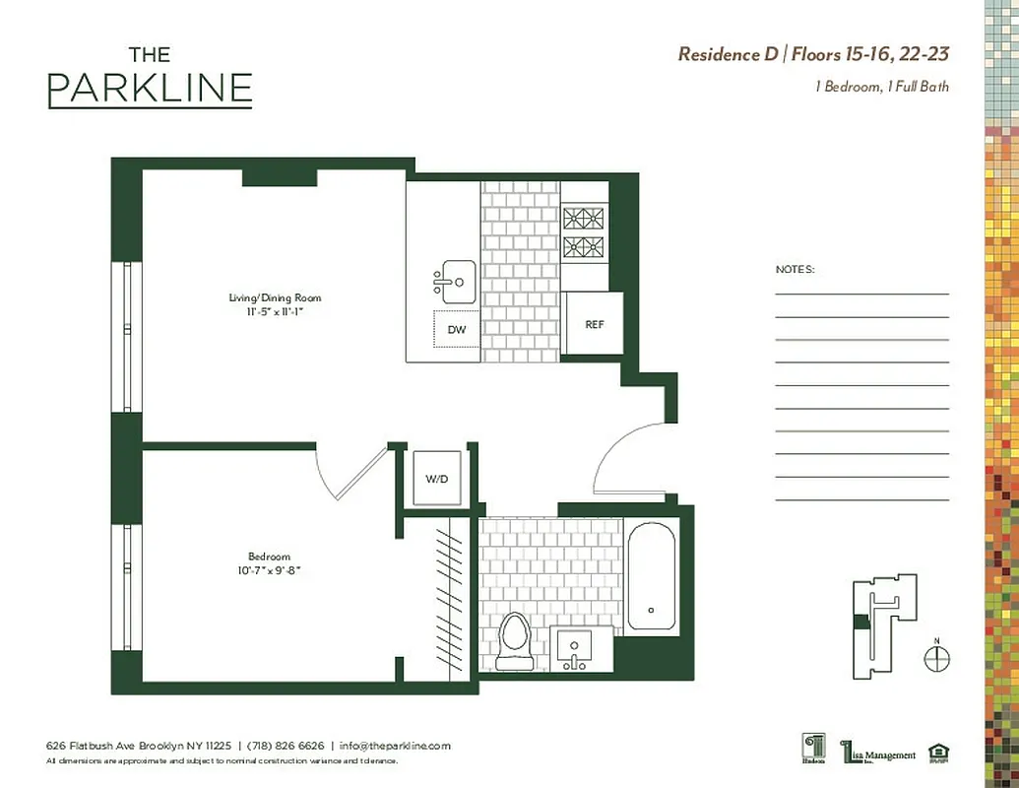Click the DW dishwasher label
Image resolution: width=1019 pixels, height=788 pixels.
[x=457, y=330]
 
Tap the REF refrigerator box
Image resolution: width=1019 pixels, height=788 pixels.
[x=594, y=324]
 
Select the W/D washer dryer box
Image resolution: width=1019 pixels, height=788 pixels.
[x=436, y=479]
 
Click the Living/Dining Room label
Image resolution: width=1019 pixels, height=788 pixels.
[x=275, y=297]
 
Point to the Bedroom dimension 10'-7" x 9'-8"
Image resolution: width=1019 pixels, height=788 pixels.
[x=269, y=569]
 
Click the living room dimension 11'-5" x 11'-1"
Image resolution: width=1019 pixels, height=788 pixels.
[x=275, y=311]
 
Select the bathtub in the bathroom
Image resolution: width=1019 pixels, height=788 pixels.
[x=651, y=575]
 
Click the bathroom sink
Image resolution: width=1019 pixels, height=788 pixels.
[x=572, y=649]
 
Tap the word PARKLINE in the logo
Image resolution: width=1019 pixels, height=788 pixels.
[x=150, y=90]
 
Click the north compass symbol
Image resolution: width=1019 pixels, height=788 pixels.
[x=937, y=658]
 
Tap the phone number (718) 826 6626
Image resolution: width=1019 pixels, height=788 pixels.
[x=285, y=746]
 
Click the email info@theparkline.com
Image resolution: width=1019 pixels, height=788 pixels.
[x=395, y=746]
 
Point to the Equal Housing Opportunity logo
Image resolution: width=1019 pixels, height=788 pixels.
[x=939, y=755]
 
